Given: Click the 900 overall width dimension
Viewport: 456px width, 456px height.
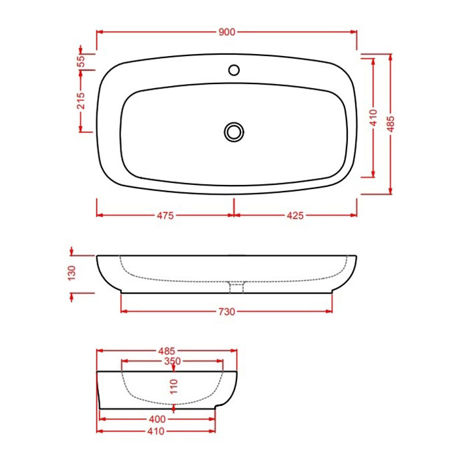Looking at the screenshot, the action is tap(227, 32).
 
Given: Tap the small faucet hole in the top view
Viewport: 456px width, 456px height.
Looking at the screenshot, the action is tap(234, 70).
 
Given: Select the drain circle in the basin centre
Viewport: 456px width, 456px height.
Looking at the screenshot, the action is tap(234, 132).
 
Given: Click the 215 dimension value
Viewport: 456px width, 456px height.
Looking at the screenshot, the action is tap(81, 100).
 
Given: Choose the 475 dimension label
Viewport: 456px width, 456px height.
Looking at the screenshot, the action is tap(165, 216).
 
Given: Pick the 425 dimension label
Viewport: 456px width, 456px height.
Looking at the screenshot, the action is tap(295, 216).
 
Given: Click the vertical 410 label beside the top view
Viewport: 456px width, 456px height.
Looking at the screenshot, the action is tap(373, 118).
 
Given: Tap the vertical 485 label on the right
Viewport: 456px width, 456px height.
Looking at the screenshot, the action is tap(391, 124).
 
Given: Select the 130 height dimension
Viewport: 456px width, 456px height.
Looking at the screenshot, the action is tap(72, 273).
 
